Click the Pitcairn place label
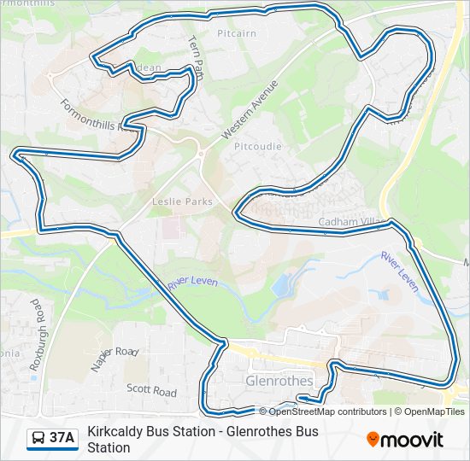[237, 33]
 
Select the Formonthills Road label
[98, 117]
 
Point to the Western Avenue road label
[250, 110]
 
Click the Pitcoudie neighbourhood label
[257, 146]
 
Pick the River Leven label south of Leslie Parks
[193, 283]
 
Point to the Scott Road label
[151, 391]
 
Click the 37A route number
[62, 438]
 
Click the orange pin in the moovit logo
[373, 440]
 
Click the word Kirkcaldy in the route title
[119, 432]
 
